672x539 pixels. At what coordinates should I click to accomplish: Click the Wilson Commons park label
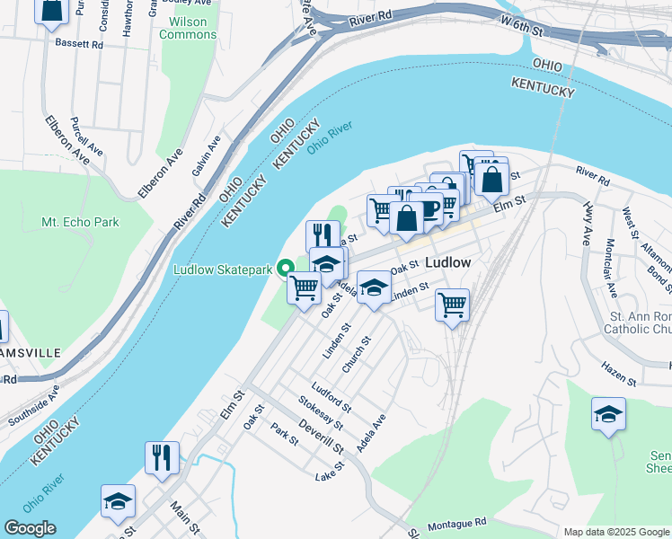click(188, 28)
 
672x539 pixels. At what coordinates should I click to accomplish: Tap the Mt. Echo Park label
click(80, 222)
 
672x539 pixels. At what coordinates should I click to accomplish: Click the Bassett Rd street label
click(79, 42)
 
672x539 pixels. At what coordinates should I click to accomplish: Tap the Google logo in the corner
click(30, 528)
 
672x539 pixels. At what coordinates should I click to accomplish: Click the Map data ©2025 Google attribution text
click(615, 532)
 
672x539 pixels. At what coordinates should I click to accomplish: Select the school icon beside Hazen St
click(608, 414)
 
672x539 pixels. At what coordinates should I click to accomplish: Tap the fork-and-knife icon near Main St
click(163, 457)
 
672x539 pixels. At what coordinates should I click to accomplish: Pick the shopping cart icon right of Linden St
click(452, 305)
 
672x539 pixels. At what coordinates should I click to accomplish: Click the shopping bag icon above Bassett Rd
click(52, 9)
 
